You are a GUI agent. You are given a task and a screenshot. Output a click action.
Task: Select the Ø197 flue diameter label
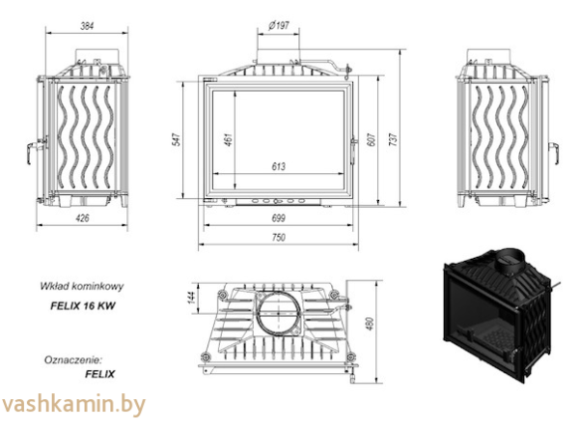coord(280,22)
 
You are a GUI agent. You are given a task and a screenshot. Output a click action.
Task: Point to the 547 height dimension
coord(177,139)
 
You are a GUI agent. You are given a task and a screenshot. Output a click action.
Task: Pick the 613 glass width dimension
coord(279,167)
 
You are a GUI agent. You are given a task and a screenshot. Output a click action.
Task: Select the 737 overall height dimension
coord(393,139)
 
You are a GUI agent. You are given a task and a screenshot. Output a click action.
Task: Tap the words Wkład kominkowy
coord(83,286)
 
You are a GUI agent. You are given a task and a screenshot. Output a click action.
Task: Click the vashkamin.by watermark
coord(73,404)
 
